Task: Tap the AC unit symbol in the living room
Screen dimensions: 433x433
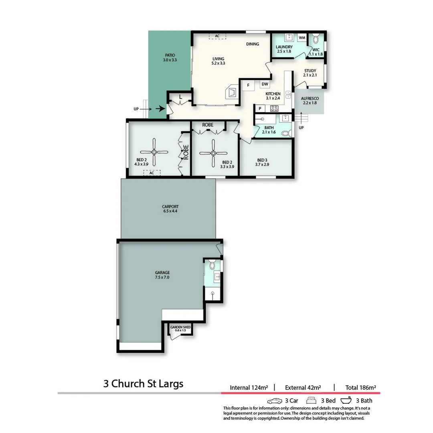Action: (x=217, y=36)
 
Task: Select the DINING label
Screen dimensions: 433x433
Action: (x=253, y=44)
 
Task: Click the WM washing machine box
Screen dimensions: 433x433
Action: (x=302, y=38)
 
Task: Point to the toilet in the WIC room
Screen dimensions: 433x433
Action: (x=316, y=39)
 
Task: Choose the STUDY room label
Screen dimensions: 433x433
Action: (x=310, y=71)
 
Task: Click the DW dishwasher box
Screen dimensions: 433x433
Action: (x=265, y=84)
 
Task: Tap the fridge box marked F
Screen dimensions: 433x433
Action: (x=248, y=85)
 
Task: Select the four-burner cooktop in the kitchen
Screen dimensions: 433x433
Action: (x=274, y=108)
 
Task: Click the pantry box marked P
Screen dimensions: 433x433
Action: (x=260, y=108)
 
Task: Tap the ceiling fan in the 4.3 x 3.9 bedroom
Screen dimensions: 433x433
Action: (x=154, y=152)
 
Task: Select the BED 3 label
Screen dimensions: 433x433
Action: (x=262, y=160)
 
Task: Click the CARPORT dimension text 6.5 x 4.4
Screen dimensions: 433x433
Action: (x=170, y=211)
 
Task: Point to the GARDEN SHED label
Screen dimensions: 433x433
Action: (x=180, y=328)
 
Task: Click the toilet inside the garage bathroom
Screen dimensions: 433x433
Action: (x=212, y=265)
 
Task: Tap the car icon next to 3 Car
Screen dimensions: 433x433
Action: (x=275, y=401)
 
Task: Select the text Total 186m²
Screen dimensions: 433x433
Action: (x=360, y=388)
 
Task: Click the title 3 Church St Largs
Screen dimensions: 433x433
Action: (x=143, y=384)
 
